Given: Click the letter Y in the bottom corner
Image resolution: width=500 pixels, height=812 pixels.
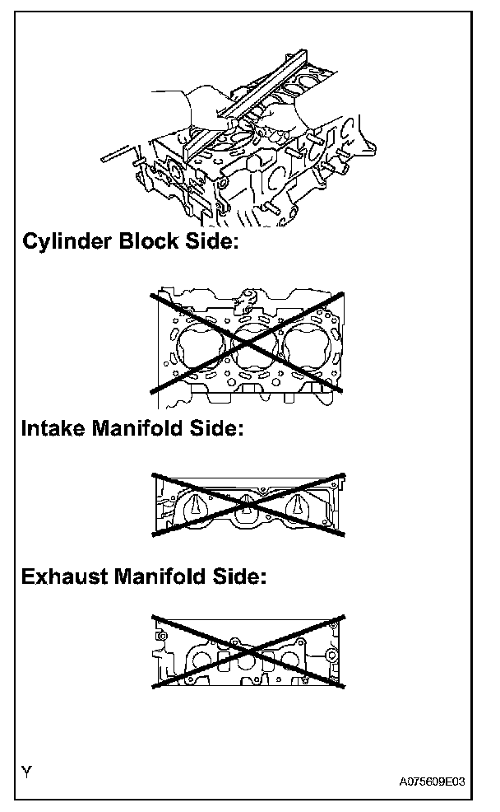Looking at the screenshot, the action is [28, 772].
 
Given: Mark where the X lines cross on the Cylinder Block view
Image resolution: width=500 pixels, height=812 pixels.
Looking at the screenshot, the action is [247, 340].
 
